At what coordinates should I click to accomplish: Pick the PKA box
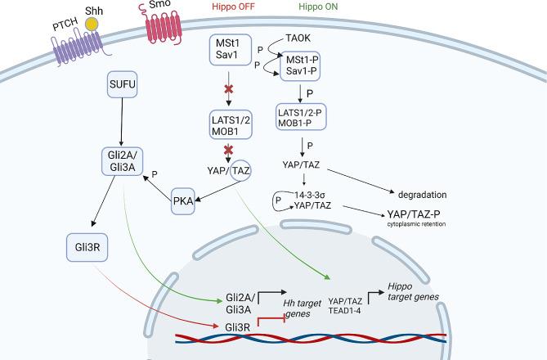(x=188, y=200)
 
